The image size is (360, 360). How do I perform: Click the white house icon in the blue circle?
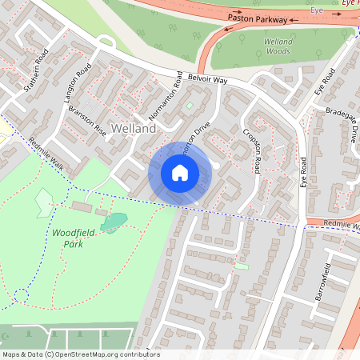[x=180, y=172]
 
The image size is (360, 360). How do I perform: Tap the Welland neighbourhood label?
[x=134, y=128]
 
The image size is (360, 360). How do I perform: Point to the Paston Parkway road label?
[x=257, y=16]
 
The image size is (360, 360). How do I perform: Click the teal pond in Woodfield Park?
[x=114, y=222]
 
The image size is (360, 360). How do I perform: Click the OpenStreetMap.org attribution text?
[x=104, y=354]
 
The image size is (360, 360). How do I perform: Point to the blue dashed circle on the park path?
[x=22, y=296]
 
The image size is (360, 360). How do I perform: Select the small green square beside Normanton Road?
[x=190, y=105]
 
